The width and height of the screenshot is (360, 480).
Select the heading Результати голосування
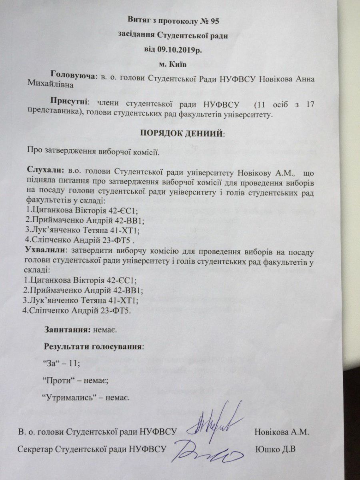(93, 346)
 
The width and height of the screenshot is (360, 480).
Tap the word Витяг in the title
(139, 19)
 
